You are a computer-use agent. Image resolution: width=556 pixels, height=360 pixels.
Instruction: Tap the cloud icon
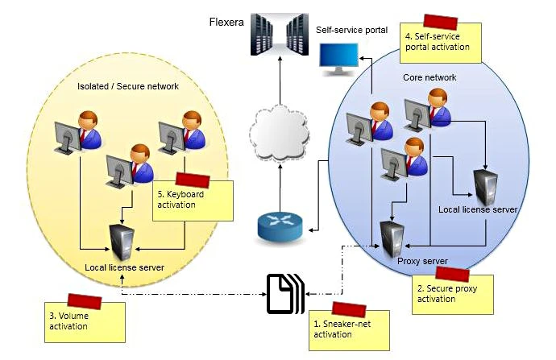[x=279, y=130]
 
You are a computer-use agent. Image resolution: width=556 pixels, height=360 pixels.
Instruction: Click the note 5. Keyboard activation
[x=192, y=199]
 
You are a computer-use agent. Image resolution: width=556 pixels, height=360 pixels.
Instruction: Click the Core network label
[x=429, y=77]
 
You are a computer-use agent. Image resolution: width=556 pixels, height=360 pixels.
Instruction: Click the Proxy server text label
[x=422, y=262]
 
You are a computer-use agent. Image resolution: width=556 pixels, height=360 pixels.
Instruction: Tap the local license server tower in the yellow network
[x=122, y=242]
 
